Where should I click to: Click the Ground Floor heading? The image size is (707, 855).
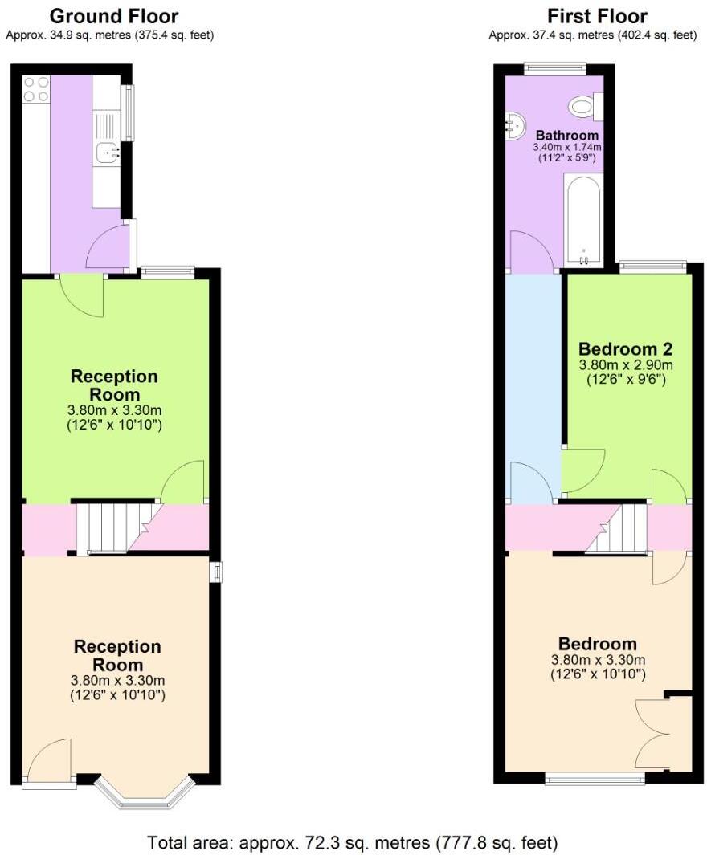[114, 16]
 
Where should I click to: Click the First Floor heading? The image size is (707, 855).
[597, 16]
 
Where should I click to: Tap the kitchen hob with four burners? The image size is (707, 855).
[36, 89]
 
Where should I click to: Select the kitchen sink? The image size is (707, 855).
[106, 152]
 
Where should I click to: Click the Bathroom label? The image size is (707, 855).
[567, 135]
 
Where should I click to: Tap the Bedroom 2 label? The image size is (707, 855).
[626, 349]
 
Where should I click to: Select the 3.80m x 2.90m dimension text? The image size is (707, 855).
[626, 365]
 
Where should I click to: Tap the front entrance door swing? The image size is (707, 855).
[50, 759]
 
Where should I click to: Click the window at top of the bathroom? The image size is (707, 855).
[555, 69]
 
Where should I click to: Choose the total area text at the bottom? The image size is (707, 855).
[353, 843]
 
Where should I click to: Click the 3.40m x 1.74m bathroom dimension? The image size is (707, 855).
[567, 149]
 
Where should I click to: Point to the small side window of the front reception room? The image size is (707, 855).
[215, 572]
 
